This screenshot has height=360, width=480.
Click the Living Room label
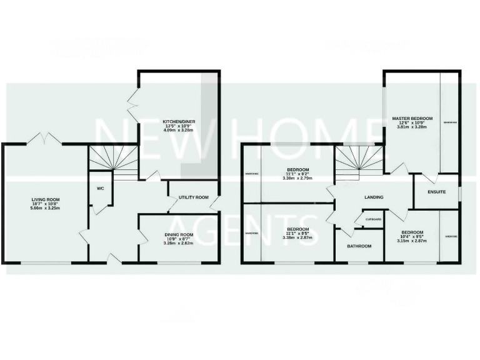[x=46, y=200]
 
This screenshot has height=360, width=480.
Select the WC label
[x=99, y=187]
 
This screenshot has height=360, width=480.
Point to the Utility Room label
[x=193, y=197]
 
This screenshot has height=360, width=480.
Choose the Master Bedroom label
[x=412, y=118]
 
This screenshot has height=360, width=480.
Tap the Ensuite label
[x=437, y=191]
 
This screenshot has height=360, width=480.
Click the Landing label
[x=374, y=197]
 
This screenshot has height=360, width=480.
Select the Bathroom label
[x=359, y=246]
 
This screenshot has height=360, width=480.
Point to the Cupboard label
[x=373, y=219]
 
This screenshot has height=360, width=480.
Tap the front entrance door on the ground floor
[x=113, y=258]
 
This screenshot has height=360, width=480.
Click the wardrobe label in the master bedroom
[x=450, y=122]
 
